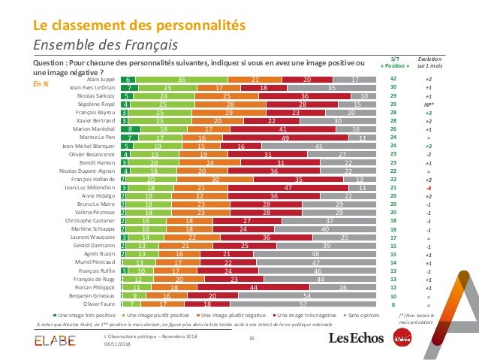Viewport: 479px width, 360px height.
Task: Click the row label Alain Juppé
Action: pos(101,78)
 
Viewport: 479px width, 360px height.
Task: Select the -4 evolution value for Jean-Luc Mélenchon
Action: pos(428,187)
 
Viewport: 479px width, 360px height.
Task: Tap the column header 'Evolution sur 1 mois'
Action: pos(429,60)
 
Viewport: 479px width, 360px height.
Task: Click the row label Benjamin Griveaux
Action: pos(89,295)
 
